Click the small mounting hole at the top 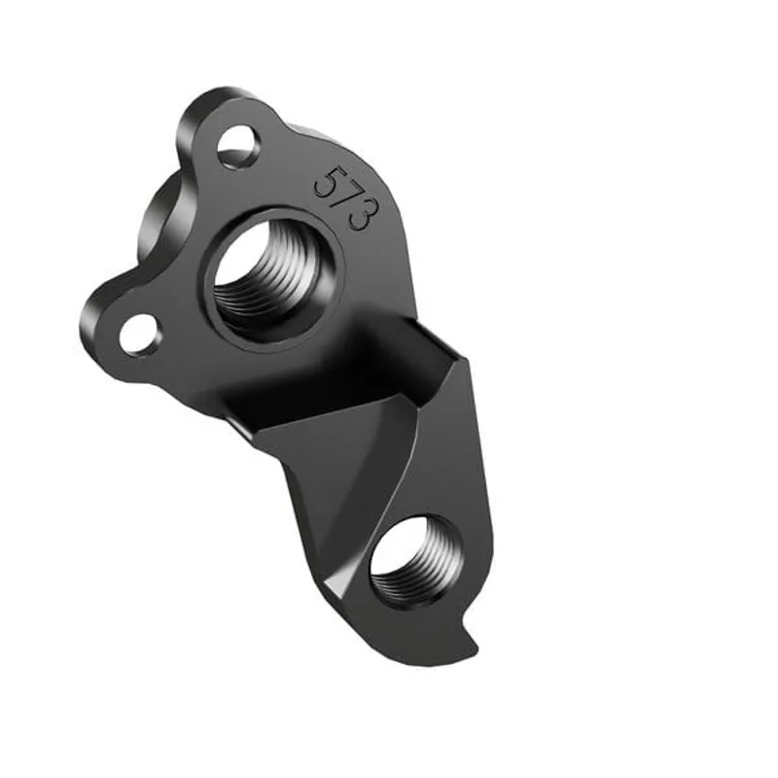coord(237,147)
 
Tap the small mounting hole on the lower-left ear coord(141,334)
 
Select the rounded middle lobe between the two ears coord(160,214)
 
